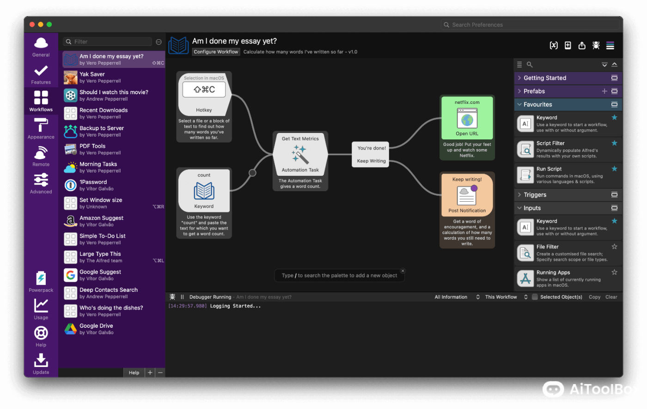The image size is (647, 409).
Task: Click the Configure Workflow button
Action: (x=216, y=52)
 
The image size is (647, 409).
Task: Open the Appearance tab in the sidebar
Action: (x=41, y=128)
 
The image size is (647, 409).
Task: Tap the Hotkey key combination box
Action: (x=204, y=90)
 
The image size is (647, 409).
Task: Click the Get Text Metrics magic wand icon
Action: (x=300, y=154)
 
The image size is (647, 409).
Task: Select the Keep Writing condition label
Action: (x=371, y=161)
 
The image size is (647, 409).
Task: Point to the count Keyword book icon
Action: (x=204, y=191)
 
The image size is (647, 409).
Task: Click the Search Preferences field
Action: (x=531, y=25)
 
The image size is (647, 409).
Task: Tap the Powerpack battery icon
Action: (x=41, y=278)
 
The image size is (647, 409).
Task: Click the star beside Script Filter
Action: (x=614, y=143)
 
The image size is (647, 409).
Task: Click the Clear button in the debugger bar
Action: (x=611, y=297)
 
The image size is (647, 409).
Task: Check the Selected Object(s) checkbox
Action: (x=535, y=297)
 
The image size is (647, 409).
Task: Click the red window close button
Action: (x=32, y=24)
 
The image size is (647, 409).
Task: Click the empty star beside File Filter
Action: (x=614, y=247)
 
